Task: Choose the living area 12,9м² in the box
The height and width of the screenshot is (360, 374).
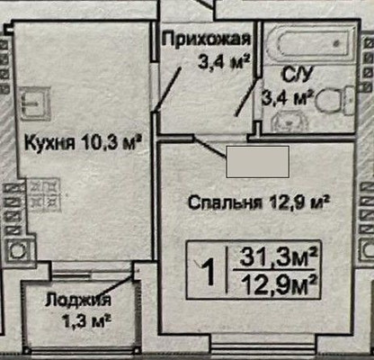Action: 276,285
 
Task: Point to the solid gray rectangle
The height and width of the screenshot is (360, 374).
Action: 256,162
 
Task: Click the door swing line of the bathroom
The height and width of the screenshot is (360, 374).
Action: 242,99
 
